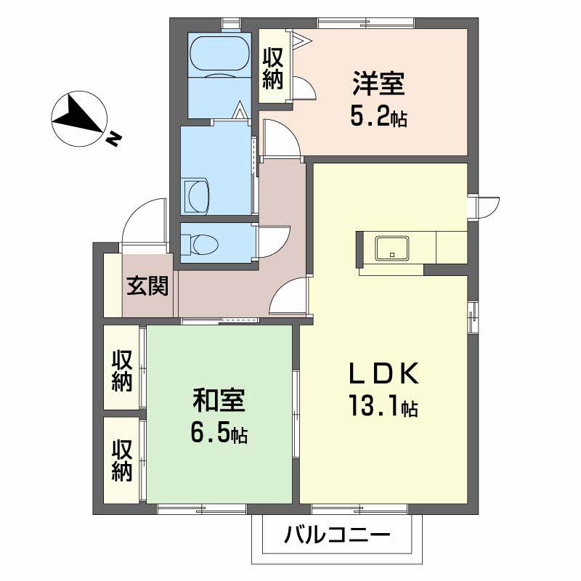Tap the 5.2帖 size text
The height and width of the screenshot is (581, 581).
pyautogui.click(x=378, y=115)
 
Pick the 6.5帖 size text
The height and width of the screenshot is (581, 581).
pyautogui.click(x=219, y=434)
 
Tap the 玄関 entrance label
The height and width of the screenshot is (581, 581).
pyautogui.click(x=148, y=287)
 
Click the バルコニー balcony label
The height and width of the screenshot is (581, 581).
pyautogui.click(x=337, y=537)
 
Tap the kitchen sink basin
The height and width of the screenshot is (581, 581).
pyautogui.click(x=392, y=248)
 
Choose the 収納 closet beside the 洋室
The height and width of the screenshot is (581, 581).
pyautogui.click(x=273, y=68)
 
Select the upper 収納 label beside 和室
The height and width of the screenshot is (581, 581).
pyautogui.click(x=122, y=370)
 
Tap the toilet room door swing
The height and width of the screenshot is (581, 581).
pyautogui.click(x=275, y=240)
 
